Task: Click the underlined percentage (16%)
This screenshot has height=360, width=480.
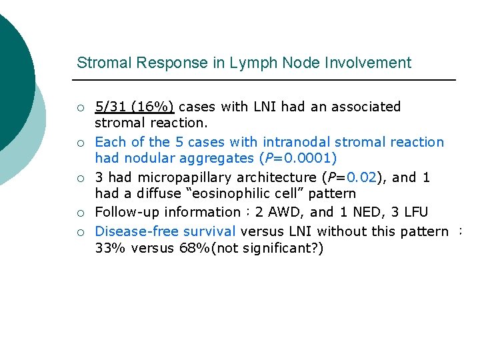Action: point(153,107)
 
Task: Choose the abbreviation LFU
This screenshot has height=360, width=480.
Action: point(414,213)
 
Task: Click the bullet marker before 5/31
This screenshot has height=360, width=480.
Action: point(80,107)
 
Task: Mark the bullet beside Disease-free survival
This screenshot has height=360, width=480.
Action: point(80,232)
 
